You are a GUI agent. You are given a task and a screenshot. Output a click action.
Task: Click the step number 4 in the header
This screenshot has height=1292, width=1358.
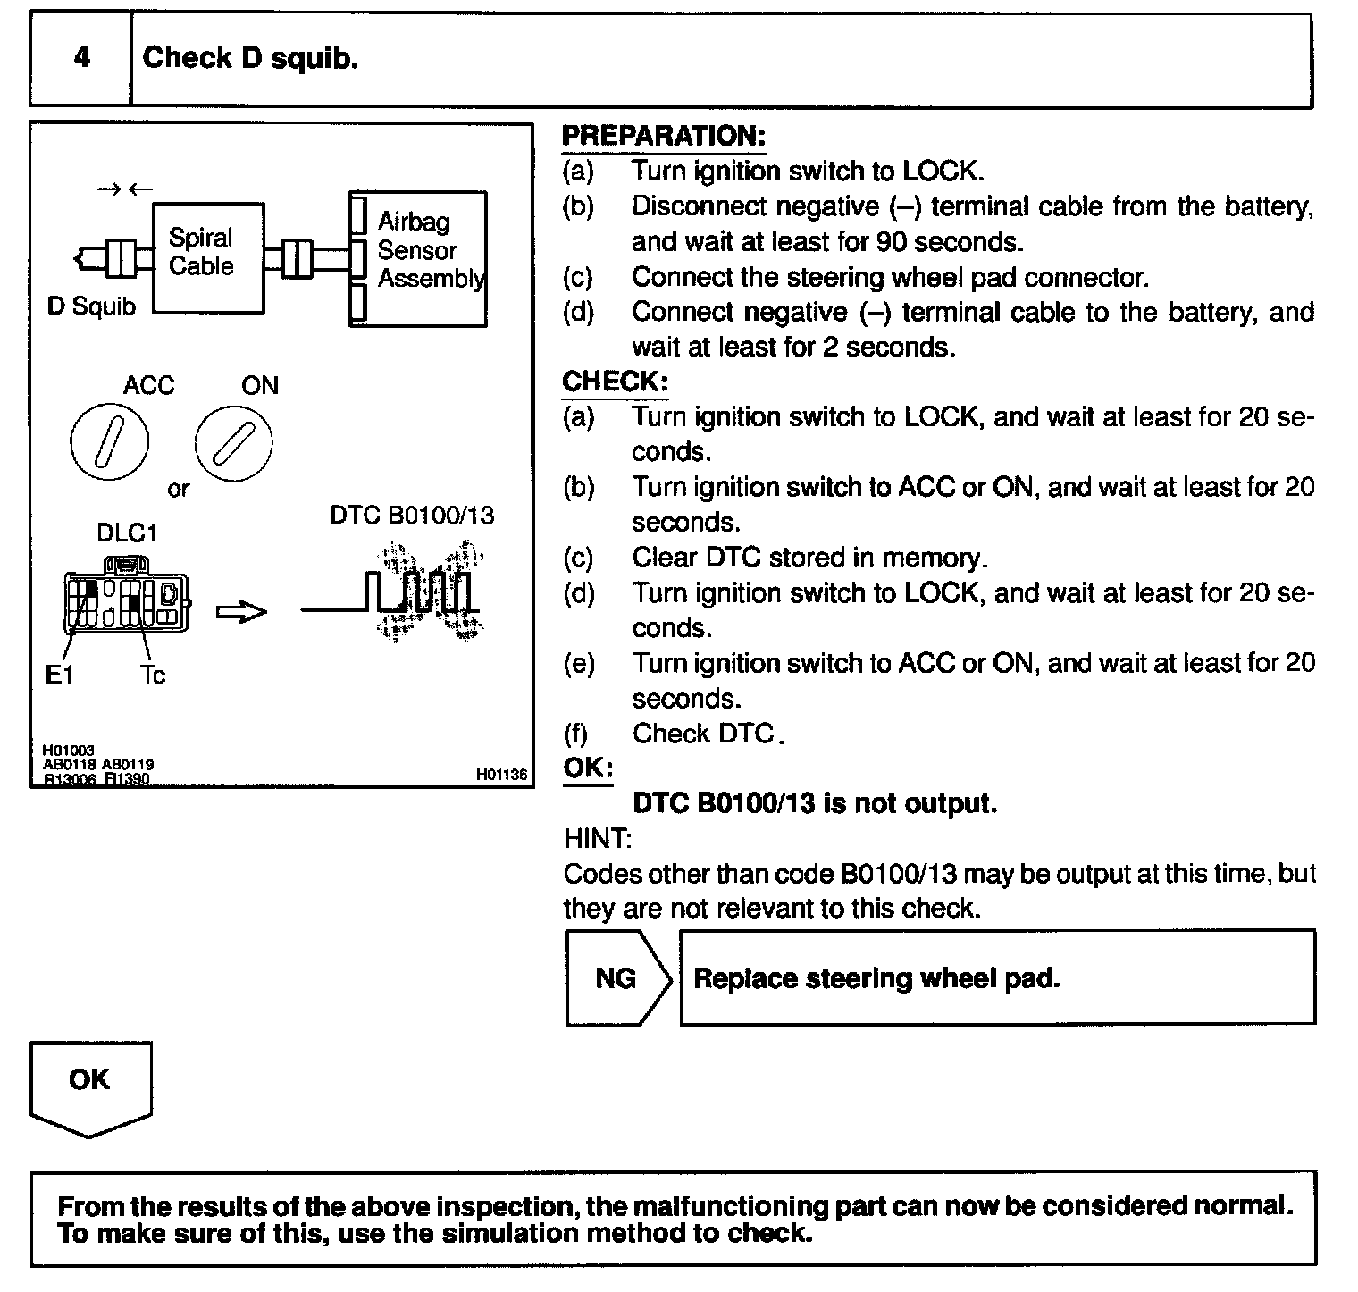click(81, 59)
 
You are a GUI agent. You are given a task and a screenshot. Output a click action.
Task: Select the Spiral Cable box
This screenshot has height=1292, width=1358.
click(208, 257)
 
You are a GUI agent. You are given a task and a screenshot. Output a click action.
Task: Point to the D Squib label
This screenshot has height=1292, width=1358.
click(91, 306)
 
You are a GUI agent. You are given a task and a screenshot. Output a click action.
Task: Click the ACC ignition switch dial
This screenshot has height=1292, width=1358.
click(110, 441)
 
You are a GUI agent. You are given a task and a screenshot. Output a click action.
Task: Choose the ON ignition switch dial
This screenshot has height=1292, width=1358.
click(233, 442)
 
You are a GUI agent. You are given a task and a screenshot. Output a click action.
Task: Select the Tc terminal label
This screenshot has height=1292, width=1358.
click(152, 675)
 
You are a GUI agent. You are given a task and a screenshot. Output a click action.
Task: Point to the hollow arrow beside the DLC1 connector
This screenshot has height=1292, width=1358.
click(241, 612)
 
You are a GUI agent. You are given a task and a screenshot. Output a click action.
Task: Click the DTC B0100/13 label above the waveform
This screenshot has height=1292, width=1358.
click(411, 516)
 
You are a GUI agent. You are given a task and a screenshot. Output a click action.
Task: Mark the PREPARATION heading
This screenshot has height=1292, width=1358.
click(663, 137)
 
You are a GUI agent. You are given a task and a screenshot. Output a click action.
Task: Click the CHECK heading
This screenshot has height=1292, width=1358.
click(615, 382)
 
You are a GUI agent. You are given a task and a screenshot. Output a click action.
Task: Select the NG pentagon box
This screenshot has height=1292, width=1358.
click(616, 977)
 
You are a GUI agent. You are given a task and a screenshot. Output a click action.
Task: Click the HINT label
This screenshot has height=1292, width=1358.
click(598, 838)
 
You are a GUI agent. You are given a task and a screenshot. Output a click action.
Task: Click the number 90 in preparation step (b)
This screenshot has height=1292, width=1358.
click(893, 241)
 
